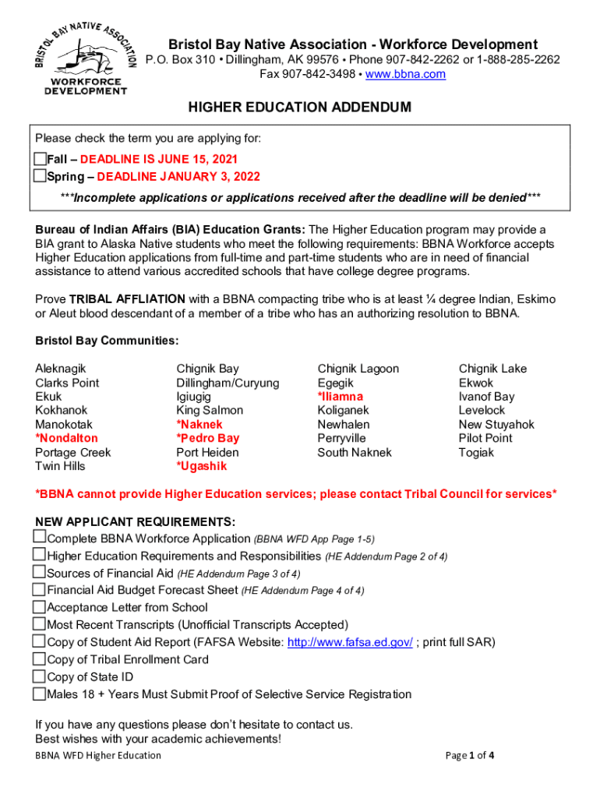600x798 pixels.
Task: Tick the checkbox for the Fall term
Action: [40, 159]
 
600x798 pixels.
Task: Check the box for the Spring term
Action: [40, 176]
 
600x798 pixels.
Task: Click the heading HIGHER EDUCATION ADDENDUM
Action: [299, 108]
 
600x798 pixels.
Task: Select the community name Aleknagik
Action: [61, 369]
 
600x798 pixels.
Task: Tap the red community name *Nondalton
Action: [67, 438]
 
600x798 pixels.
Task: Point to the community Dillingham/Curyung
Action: [228, 383]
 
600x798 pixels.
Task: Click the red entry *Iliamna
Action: [340, 397]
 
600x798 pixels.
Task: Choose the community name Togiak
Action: [476, 452]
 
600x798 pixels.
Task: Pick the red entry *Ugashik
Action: [202, 466]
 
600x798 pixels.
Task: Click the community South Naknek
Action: [355, 452]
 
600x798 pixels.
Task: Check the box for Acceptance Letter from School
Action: [40, 607]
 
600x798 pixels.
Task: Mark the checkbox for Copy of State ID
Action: [40, 676]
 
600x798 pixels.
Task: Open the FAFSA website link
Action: [350, 642]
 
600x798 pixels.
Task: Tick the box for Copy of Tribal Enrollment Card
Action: [40, 659]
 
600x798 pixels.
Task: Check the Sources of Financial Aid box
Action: [40, 573]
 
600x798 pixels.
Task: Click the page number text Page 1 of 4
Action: [470, 755]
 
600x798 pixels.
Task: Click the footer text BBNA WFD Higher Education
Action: [98, 755]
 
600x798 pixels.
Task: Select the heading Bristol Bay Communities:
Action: [107, 341]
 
